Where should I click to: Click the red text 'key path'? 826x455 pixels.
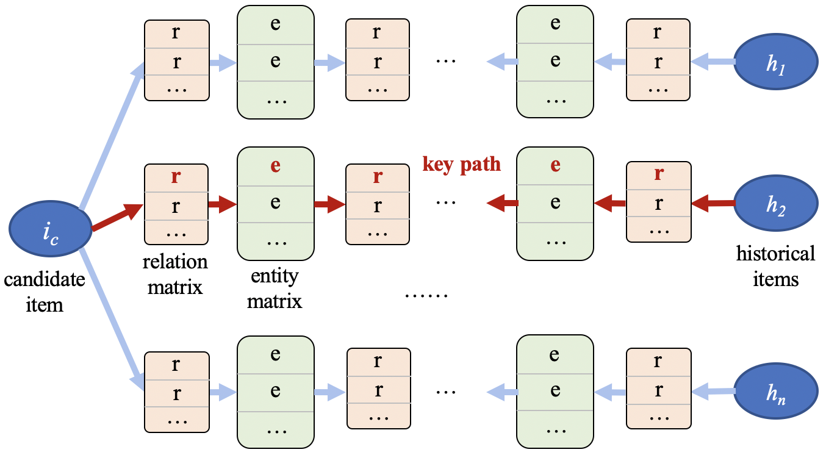click(462, 164)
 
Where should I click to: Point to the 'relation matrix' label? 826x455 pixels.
click(175, 274)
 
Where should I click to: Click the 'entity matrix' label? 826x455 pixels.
click(275, 288)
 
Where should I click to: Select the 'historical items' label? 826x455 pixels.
click(775, 266)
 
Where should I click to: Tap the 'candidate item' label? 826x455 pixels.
click(45, 292)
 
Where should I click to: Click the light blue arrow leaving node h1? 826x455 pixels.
click(714, 60)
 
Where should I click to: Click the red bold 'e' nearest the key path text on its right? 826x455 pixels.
click(555, 166)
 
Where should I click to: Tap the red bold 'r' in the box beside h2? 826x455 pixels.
click(658, 174)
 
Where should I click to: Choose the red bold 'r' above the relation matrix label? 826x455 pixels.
click(176, 177)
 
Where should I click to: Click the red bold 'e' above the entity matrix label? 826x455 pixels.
click(276, 166)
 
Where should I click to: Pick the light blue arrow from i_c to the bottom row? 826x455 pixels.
click(110, 317)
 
